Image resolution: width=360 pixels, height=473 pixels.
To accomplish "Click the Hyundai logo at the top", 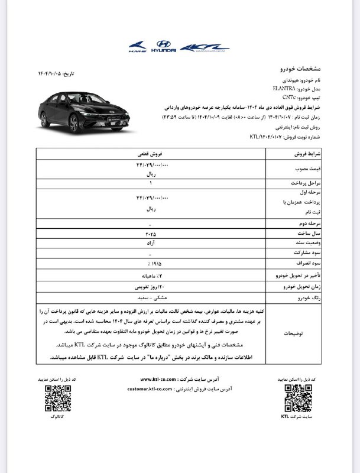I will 161,47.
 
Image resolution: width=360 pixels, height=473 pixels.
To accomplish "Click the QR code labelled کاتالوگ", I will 54,398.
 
